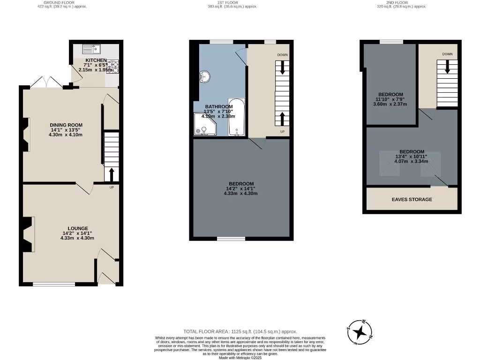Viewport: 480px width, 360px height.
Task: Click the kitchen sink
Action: [x=91, y=48]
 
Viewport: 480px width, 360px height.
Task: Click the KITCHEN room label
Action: [x=95, y=60]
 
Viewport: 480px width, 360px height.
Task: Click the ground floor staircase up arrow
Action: [x=112, y=174]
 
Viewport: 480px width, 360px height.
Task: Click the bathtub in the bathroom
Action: [x=236, y=117]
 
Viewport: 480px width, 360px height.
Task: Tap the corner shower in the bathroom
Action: [x=205, y=126]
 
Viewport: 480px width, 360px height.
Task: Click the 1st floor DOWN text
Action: [x=282, y=55]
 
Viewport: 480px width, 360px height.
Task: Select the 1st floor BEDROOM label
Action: [x=241, y=184]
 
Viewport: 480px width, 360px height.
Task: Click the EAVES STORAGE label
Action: [x=412, y=200]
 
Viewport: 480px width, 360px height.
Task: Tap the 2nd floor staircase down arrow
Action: [x=447, y=67]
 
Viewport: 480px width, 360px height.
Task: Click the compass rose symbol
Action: [x=360, y=332]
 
